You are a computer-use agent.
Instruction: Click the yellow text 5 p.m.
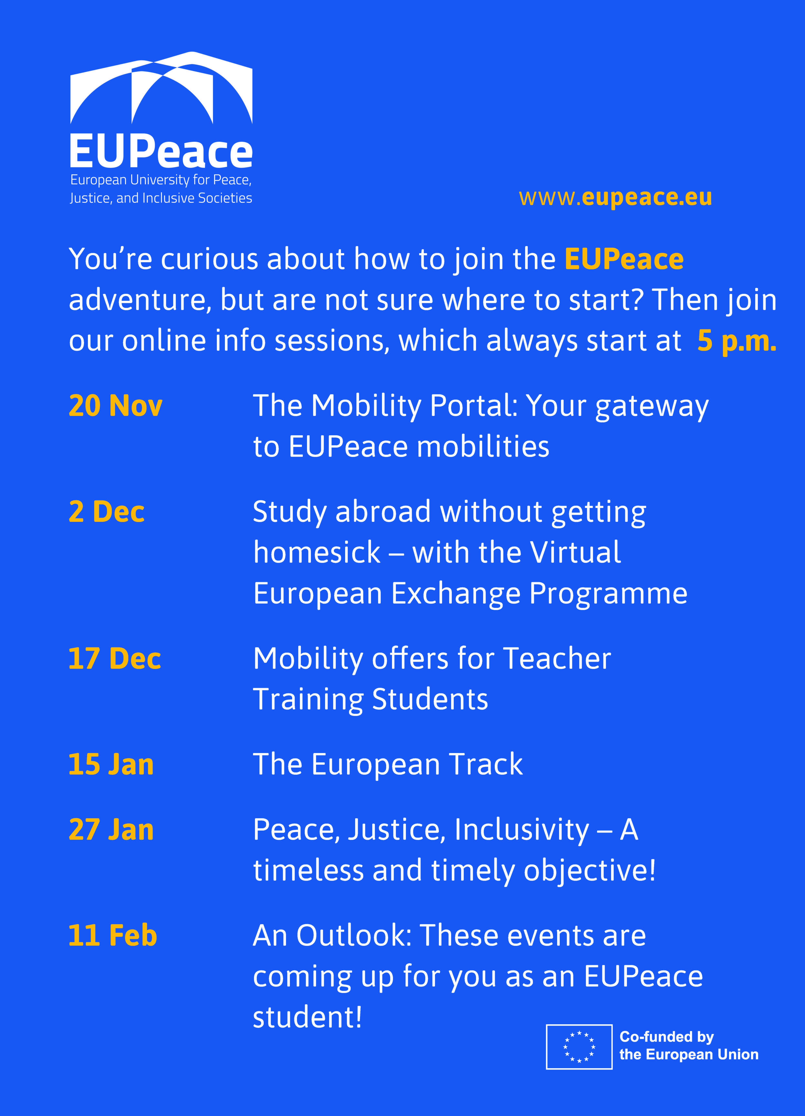(x=737, y=341)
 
